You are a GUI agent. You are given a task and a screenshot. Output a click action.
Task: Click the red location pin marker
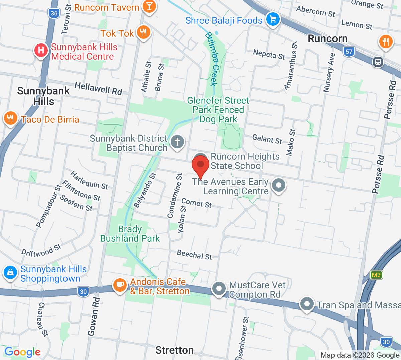(x=200, y=165)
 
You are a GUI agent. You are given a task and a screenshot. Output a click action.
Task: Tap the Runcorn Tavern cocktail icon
(x=149, y=6)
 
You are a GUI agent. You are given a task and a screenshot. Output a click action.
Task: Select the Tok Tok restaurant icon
(x=144, y=32)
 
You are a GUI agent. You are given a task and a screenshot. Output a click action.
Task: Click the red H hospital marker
(x=41, y=51)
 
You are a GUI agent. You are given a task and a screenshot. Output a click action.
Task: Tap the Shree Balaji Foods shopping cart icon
(x=273, y=19)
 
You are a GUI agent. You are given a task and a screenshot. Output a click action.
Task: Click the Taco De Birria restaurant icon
(x=11, y=118)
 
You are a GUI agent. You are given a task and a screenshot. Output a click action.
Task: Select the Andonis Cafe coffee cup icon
(x=119, y=285)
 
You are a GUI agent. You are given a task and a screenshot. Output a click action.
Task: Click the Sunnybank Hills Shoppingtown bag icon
(x=10, y=272)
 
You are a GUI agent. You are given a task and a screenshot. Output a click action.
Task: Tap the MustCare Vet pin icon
(x=219, y=288)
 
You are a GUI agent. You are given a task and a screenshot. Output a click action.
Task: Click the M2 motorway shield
(x=376, y=275)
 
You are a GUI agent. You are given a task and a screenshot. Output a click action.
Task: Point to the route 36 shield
(x=54, y=13)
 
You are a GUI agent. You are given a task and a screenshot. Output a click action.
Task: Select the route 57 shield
(x=349, y=51)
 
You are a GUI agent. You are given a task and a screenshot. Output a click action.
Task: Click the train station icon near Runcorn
(x=378, y=62)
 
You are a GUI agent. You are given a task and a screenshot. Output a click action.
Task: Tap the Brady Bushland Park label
(x=130, y=234)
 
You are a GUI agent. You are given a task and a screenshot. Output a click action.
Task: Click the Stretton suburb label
(x=175, y=350)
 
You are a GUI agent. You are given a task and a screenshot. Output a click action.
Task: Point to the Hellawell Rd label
(x=98, y=88)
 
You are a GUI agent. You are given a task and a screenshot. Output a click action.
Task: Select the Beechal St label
(x=194, y=255)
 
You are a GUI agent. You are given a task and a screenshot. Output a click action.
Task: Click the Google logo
(x=22, y=352)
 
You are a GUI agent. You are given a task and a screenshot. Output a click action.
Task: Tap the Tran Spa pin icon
(x=307, y=304)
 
